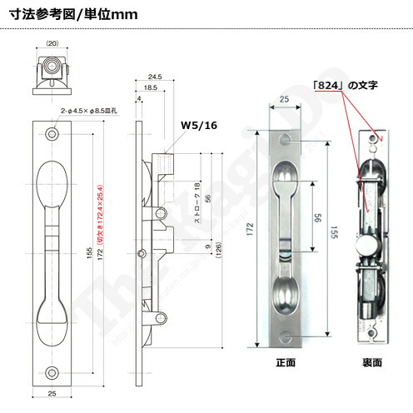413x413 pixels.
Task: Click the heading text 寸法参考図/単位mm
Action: [x=68, y=15]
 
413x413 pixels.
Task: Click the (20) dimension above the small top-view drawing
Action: [x=52, y=42]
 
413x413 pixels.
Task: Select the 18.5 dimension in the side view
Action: [x=151, y=87]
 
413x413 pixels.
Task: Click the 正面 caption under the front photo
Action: [x=286, y=363]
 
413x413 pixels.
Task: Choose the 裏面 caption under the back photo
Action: [x=371, y=363]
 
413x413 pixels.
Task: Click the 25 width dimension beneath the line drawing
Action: [x=52, y=394]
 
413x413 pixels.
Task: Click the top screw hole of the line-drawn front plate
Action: [x=52, y=133]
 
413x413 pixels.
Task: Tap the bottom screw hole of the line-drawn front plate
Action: [x=52, y=371]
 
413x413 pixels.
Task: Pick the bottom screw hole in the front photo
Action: [x=285, y=336]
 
